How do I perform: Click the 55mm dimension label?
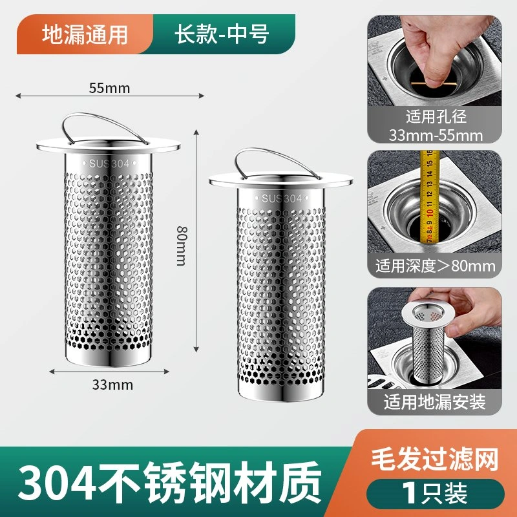tap(109, 88)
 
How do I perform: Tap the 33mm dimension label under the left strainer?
tap(112, 385)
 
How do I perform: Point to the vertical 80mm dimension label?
tap(182, 246)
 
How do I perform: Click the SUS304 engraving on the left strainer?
tap(109, 164)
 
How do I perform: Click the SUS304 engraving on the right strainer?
tap(282, 198)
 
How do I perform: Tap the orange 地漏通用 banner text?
tap(85, 35)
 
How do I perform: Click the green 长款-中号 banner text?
tap(222, 34)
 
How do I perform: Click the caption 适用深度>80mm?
tap(435, 266)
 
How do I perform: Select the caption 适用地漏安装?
tap(434, 401)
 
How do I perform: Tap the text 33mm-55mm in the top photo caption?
tap(436, 135)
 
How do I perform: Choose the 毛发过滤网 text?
tap(434, 459)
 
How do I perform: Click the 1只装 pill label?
tap(435, 494)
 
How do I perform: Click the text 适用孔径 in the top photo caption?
tap(436, 116)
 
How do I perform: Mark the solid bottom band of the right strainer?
tap(280, 394)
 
